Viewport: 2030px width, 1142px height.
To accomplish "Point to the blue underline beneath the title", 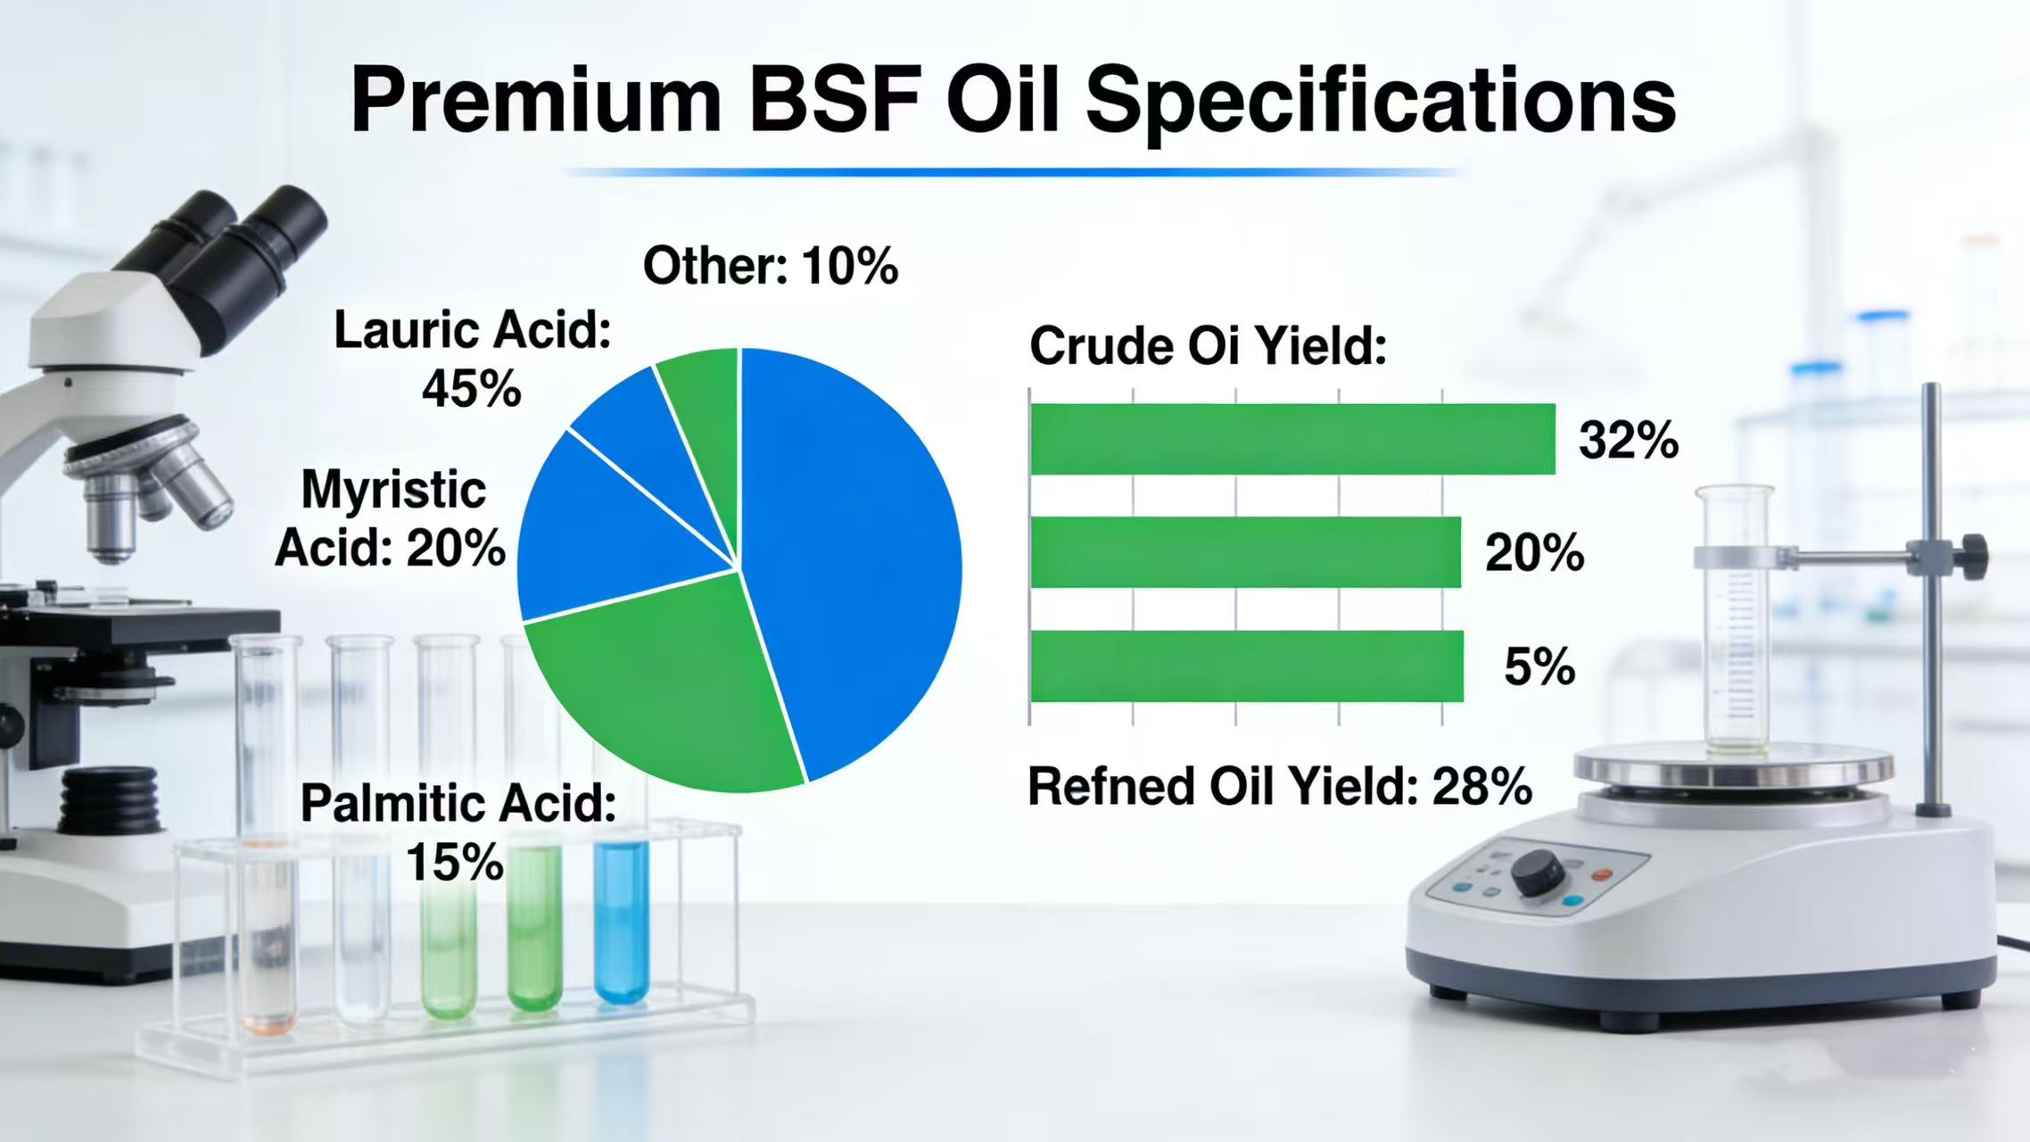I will point(1012,171).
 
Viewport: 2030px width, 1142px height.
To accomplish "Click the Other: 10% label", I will point(771,266).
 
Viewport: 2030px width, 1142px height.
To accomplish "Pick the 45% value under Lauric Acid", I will point(471,389).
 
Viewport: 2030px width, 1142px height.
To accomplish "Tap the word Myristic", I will point(393,490).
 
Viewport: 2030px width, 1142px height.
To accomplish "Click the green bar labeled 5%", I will point(1246,666).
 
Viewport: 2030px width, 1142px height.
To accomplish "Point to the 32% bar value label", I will point(1628,440).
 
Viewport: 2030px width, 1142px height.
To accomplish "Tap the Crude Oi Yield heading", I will point(1208,346).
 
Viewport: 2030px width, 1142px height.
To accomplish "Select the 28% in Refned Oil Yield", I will point(1481,787).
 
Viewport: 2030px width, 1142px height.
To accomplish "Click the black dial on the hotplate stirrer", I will point(1536,871).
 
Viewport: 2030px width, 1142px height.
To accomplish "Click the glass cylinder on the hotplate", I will point(1735,625).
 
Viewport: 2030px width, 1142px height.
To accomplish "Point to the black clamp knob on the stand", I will point(1974,557).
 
